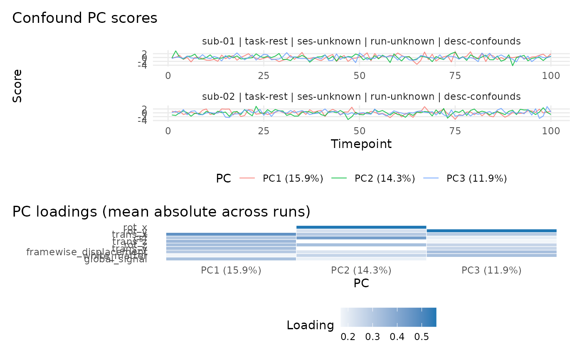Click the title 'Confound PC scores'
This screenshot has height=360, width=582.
(x=85, y=18)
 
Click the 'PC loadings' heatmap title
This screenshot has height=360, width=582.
(x=161, y=212)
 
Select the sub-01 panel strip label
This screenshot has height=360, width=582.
(x=361, y=41)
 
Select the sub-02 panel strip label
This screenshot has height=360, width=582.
(x=361, y=97)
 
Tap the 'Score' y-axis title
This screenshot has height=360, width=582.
(x=17, y=86)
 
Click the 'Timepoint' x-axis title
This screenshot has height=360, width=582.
(x=361, y=144)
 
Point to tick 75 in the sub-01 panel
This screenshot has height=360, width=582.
(x=455, y=76)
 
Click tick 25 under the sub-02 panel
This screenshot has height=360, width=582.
(x=264, y=131)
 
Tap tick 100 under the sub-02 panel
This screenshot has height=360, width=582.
(x=551, y=131)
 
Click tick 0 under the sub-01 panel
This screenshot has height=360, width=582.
(x=168, y=76)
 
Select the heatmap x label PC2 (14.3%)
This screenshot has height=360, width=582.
(x=361, y=271)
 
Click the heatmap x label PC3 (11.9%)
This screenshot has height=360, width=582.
(x=491, y=271)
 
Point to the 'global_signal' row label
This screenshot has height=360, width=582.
(x=116, y=260)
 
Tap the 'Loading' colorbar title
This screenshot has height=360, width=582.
(x=310, y=325)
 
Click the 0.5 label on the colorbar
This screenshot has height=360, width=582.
(x=422, y=337)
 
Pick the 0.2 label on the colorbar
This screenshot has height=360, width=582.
(x=348, y=337)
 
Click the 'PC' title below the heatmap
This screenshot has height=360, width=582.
(x=361, y=283)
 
